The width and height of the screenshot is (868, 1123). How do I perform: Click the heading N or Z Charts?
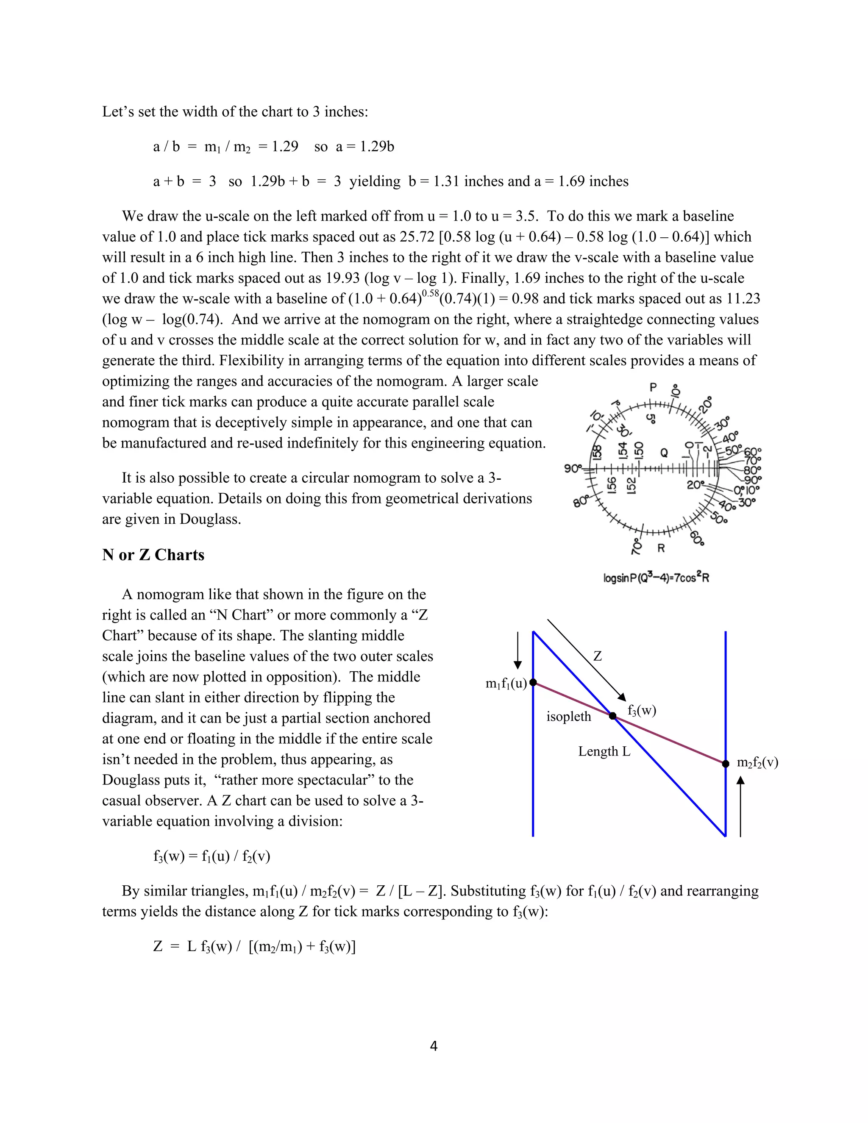coord(153,555)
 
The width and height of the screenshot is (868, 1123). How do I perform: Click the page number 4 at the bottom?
coord(434,1046)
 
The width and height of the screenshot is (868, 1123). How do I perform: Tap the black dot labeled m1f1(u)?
coord(533,682)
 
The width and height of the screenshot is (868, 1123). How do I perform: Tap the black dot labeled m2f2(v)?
coord(726,764)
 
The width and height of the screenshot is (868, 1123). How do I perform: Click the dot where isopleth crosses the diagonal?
coord(612,716)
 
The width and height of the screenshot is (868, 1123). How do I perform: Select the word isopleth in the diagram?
coord(569,717)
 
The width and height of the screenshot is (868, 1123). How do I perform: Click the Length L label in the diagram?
coord(604,751)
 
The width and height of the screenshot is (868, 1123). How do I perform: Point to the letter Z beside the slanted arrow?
coord(597,656)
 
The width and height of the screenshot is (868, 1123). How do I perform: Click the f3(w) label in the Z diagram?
coord(642,710)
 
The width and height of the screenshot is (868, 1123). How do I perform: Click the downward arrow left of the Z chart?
coord(518,650)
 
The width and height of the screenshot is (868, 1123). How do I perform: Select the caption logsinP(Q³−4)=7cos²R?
coord(656,578)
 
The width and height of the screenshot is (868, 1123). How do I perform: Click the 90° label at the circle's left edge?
coord(572,468)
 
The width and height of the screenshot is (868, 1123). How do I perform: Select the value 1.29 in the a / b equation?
coord(285,147)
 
